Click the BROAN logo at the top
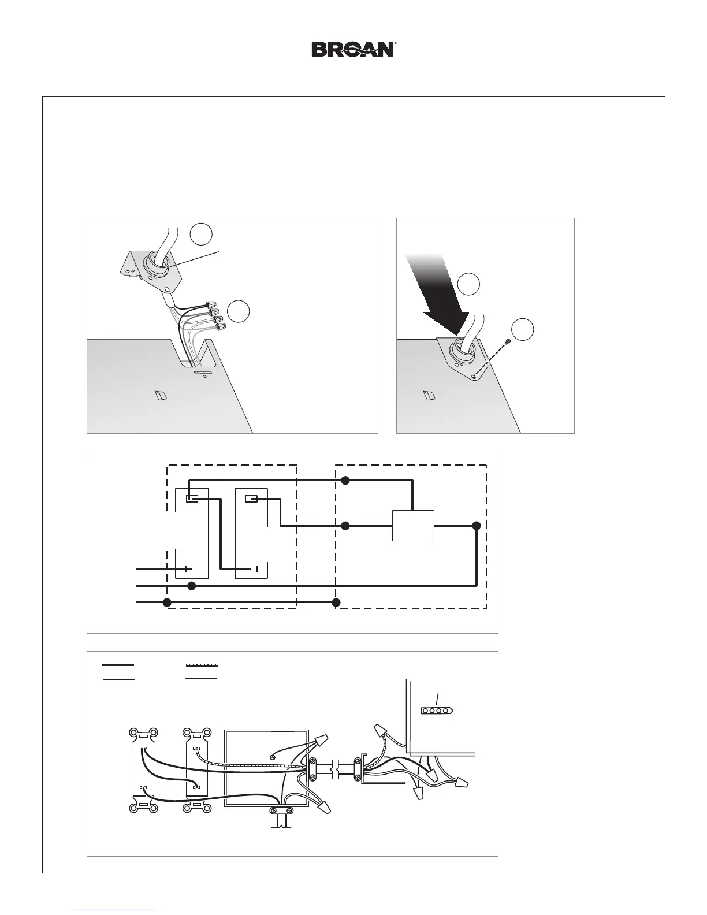353,49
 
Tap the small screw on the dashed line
507,342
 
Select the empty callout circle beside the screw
523,329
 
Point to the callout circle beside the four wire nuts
238,311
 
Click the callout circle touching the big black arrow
468,284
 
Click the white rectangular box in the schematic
413,526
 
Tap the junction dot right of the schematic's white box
476,526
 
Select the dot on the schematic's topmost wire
345,480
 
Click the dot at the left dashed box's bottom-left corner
168,602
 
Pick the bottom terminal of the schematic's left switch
192,569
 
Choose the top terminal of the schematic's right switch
251,499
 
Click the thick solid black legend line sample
118,665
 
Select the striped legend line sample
201,665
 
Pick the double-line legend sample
118,678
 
